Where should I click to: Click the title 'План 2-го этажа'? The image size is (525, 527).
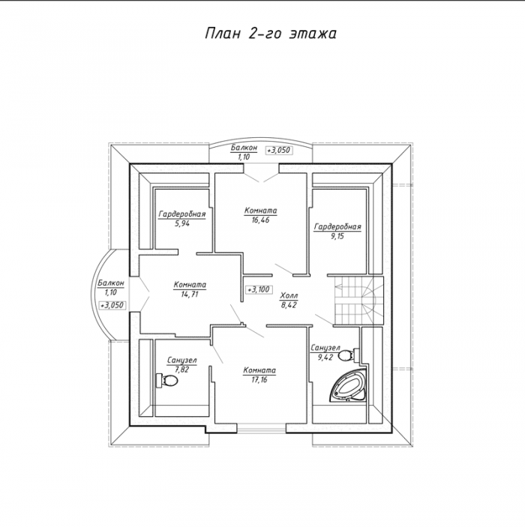271,34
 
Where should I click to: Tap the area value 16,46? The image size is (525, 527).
260,220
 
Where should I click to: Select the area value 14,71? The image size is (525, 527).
190,295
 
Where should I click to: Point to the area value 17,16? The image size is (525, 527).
259,380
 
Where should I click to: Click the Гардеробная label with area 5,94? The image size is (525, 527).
182,214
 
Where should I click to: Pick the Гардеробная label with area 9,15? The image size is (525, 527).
337,226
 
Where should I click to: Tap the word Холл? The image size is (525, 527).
289,296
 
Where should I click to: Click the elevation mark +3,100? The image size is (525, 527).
259,289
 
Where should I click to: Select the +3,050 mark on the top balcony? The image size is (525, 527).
278,150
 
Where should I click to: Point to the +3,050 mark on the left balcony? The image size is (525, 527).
112,305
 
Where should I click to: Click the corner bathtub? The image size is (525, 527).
349,386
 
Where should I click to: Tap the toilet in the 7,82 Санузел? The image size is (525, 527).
166,381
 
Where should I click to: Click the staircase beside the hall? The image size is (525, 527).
358,301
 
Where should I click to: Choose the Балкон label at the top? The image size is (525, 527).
244,147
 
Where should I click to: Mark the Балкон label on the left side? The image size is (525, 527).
111,283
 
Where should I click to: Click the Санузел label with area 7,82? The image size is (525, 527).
182,361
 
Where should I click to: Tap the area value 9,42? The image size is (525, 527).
325,358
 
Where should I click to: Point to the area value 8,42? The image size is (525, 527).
288,305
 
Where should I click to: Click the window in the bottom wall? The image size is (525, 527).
262,428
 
